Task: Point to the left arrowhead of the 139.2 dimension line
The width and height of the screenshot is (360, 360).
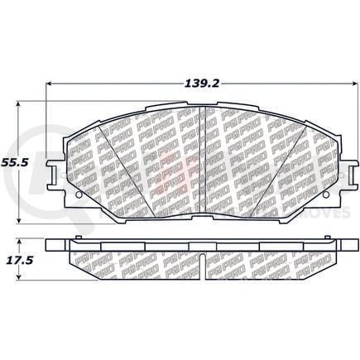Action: (x=49, y=84)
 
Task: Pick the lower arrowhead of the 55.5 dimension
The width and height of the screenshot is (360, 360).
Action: (x=19, y=220)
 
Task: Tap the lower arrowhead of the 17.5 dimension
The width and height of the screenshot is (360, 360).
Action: (x=19, y=276)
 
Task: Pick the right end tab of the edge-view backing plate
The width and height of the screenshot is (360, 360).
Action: (x=340, y=246)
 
